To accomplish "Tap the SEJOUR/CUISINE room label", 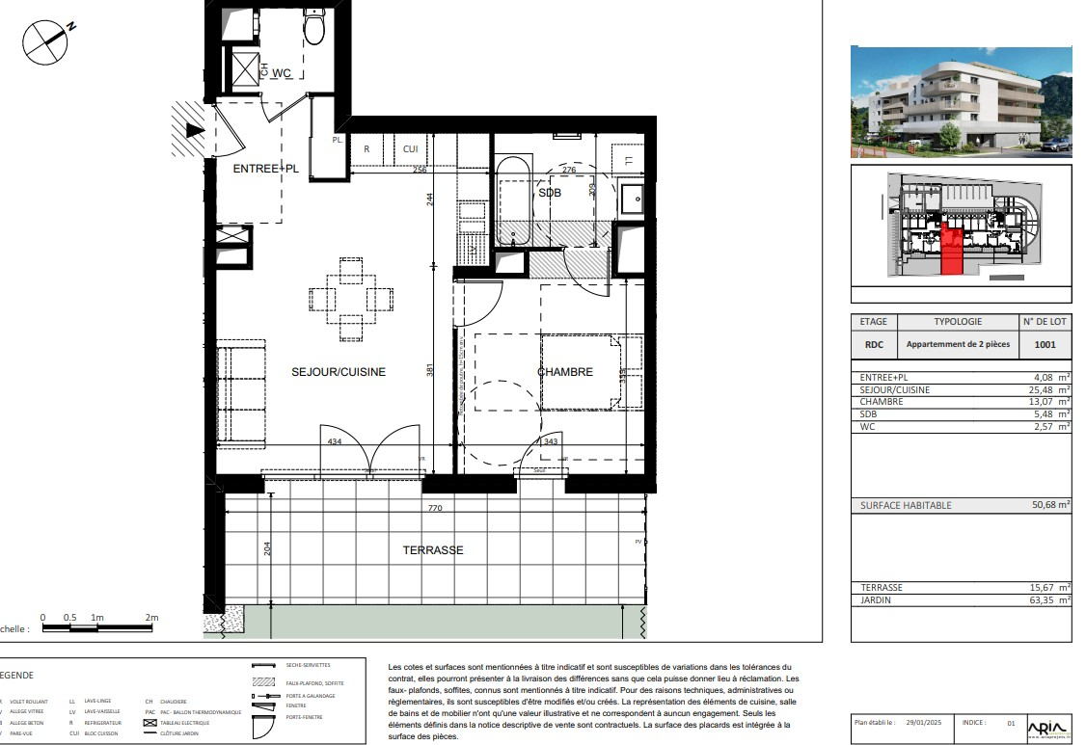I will click(x=339, y=372).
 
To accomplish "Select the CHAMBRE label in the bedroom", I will click(x=564, y=372).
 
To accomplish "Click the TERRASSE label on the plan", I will click(x=433, y=550).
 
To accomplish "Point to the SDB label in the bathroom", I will click(x=550, y=193).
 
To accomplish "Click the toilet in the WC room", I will click(x=313, y=28).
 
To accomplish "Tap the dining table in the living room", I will click(x=352, y=299).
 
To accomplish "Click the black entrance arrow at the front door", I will click(x=195, y=130).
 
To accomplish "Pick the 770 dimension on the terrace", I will click(x=434, y=508).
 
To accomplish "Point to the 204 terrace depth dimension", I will click(x=268, y=549).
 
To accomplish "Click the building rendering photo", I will click(x=961, y=101).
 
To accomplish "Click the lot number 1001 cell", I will click(x=1044, y=343).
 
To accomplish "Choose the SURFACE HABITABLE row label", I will click(x=906, y=505).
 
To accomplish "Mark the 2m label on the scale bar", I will click(x=151, y=617).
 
